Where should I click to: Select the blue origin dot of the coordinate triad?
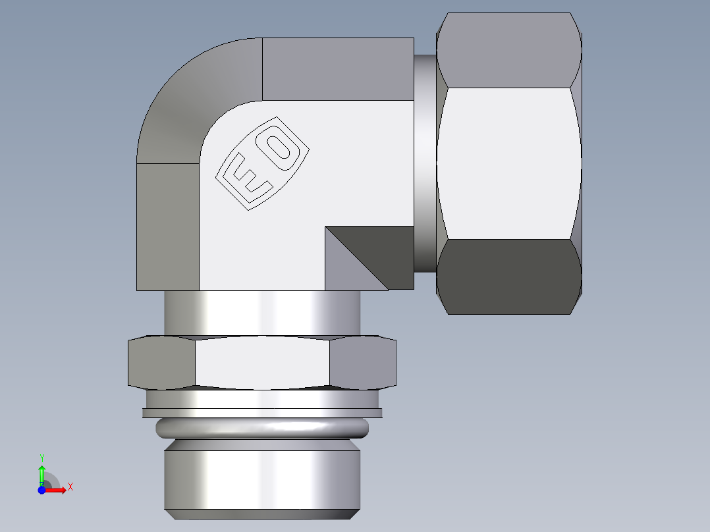[41, 490]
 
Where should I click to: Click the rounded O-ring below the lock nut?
[261, 429]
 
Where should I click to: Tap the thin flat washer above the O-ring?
[261, 413]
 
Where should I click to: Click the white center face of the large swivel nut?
[507, 163]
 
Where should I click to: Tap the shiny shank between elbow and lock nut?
[261, 313]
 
